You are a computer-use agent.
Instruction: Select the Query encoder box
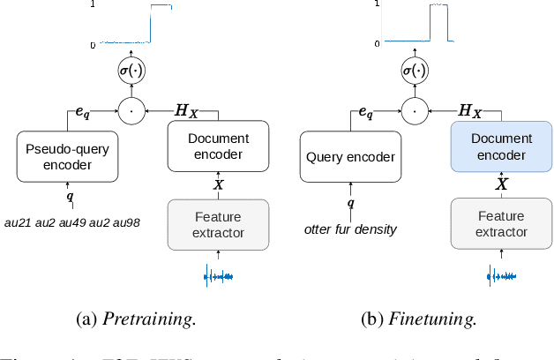click(351, 156)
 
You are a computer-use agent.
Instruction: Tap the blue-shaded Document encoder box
click(501, 146)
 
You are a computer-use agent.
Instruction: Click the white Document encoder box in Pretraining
click(219, 146)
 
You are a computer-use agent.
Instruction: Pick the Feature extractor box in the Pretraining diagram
click(219, 223)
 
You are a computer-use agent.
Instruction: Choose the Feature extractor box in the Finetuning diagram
click(501, 223)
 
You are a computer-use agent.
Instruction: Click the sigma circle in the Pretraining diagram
click(131, 70)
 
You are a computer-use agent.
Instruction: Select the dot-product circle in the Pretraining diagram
click(131, 111)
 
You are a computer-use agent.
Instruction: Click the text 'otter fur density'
click(350, 229)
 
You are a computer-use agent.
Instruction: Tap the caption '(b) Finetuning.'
click(420, 319)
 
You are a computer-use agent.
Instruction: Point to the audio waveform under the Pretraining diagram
click(219, 277)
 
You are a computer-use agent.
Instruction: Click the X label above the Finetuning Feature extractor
click(501, 184)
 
